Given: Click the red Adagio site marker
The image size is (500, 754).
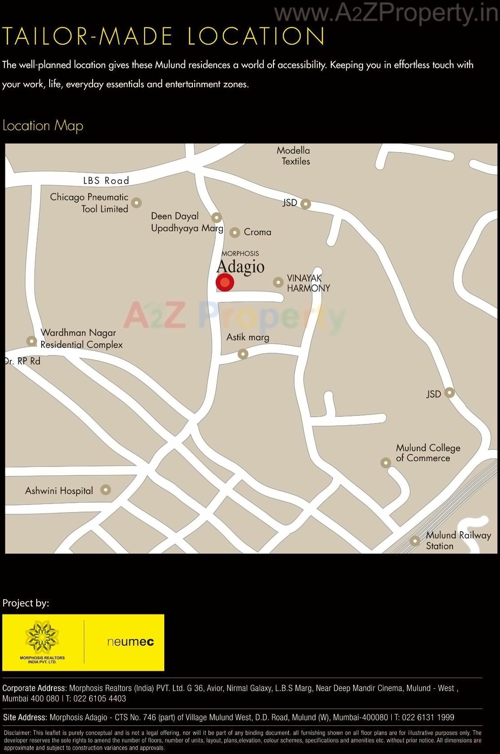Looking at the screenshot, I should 225,283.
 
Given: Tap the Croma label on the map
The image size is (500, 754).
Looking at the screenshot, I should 257,232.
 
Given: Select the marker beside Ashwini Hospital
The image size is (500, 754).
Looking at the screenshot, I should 105,490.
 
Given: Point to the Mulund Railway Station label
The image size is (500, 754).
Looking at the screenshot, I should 458,540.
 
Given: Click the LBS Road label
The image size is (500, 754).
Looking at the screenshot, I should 106,181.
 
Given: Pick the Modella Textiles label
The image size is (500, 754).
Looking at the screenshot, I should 294,156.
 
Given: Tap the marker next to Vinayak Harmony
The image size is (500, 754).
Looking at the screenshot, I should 278,282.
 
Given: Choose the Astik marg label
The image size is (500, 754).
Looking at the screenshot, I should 248,337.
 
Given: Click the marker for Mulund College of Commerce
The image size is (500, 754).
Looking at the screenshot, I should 385,462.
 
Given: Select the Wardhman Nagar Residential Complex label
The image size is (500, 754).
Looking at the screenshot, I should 81,339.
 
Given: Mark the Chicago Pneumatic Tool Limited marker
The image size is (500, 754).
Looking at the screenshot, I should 137,203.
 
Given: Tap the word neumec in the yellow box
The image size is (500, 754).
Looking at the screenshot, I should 130,642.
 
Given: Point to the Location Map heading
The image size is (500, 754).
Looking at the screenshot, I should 43,126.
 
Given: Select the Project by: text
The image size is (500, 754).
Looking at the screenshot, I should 26,603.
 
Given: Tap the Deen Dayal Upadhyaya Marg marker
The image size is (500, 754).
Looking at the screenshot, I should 216,217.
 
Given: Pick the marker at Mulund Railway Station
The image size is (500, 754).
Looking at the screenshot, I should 415,541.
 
